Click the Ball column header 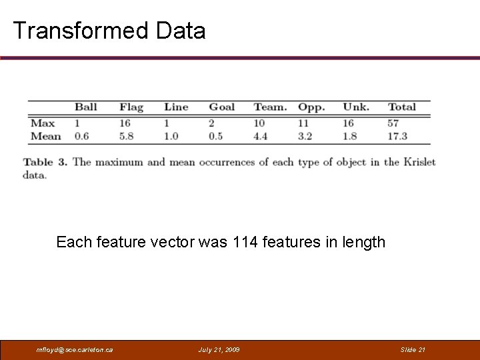[85, 107]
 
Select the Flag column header [131, 107]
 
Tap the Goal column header [221, 107]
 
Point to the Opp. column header [311, 107]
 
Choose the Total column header [401, 107]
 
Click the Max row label [43, 123]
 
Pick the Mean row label [46, 136]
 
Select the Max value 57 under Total [393, 123]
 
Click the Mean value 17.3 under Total [397, 136]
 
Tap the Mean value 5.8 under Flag [127, 136]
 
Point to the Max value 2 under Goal [212, 123]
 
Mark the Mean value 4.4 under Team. [261, 136]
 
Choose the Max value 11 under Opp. [303, 123]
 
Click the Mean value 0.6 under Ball [81, 136]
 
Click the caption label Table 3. [45, 162]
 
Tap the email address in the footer [75, 350]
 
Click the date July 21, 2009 [219, 350]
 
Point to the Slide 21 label [413, 350]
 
